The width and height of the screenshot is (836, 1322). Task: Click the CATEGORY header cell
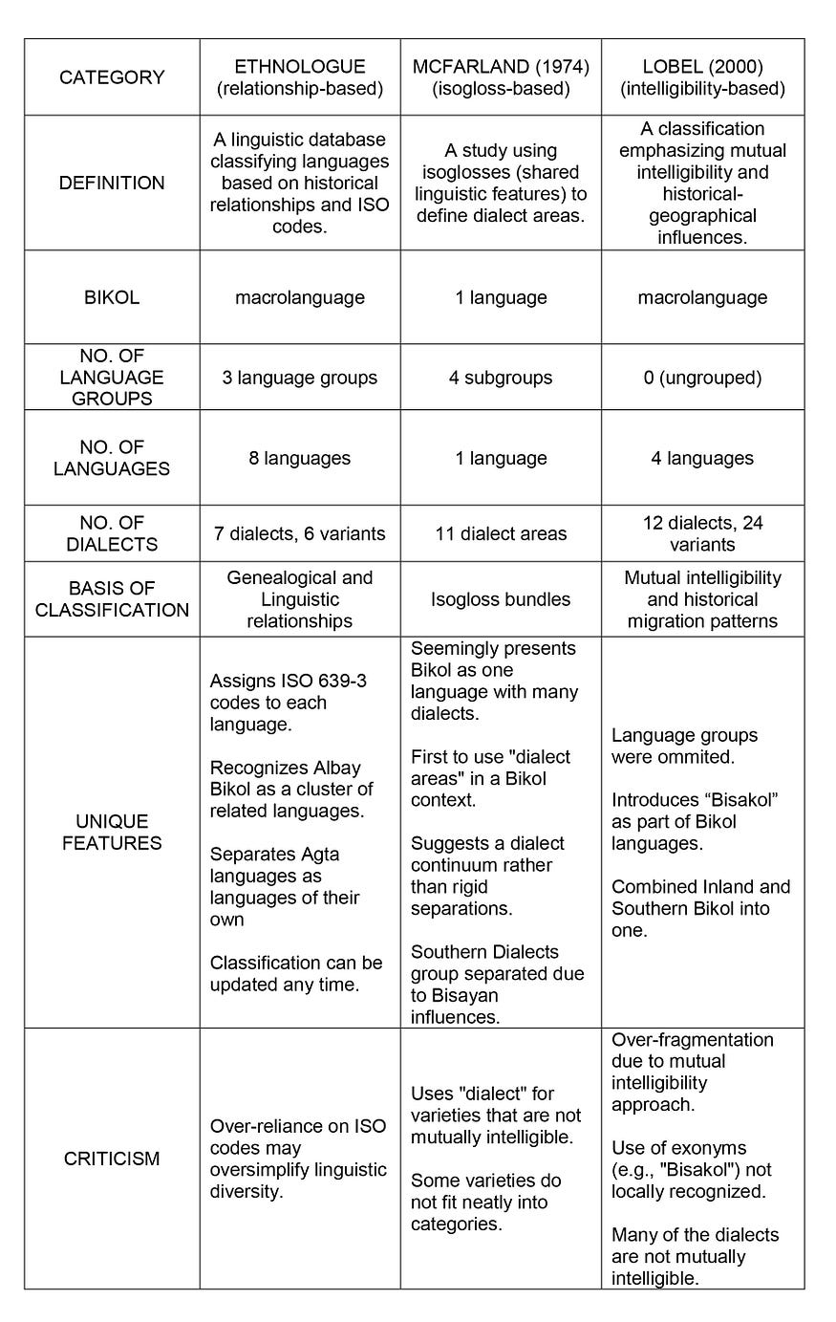point(112,77)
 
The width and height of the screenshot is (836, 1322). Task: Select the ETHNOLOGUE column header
point(300,77)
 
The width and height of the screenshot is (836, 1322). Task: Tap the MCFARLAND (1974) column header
point(501,77)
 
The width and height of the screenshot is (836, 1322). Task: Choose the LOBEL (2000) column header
point(702,77)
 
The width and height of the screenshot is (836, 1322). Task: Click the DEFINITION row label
point(112,183)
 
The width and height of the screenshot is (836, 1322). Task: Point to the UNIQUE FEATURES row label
point(112,832)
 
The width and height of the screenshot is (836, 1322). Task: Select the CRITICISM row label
point(112,1159)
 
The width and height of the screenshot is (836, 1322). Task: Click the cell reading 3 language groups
point(300,378)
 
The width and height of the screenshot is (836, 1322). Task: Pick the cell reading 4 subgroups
point(501,378)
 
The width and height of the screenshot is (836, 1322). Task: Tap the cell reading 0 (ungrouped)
point(702,378)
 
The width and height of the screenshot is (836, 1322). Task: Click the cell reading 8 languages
point(300,458)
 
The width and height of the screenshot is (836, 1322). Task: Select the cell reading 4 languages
point(702,458)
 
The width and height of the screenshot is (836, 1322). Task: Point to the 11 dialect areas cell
point(501,533)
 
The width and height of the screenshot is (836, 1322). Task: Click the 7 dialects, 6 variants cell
point(300,533)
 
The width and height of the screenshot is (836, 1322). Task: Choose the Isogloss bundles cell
point(501,599)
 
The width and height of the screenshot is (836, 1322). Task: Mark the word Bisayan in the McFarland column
point(468,995)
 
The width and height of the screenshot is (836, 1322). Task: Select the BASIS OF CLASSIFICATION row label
point(112,599)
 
